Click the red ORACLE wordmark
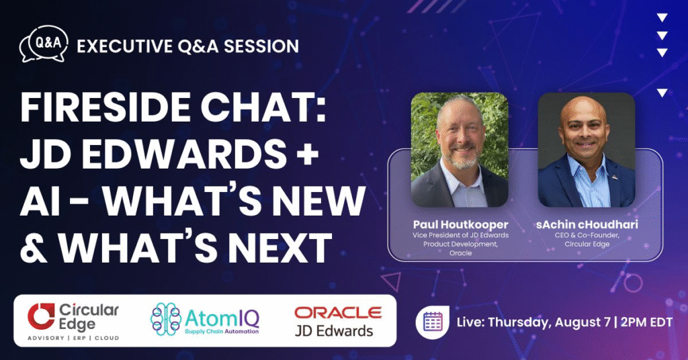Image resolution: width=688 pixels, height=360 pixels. pyautogui.click(x=338, y=312)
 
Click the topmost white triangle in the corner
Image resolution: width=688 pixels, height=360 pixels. pyautogui.click(x=662, y=18)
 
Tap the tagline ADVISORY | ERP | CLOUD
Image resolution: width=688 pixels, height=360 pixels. pyautogui.click(x=73, y=337)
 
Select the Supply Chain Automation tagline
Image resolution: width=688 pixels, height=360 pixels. pyautogui.click(x=214, y=331)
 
